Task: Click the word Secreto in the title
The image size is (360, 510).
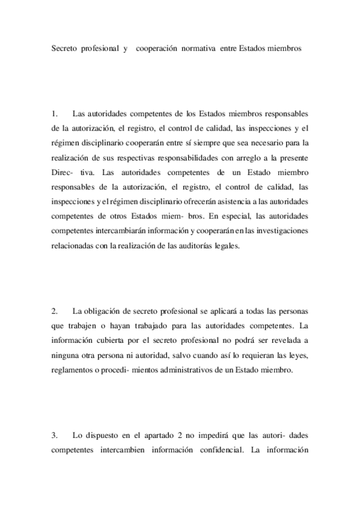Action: (66, 48)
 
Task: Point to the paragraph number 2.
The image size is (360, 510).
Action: (54, 311)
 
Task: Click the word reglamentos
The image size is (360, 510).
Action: (73, 369)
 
